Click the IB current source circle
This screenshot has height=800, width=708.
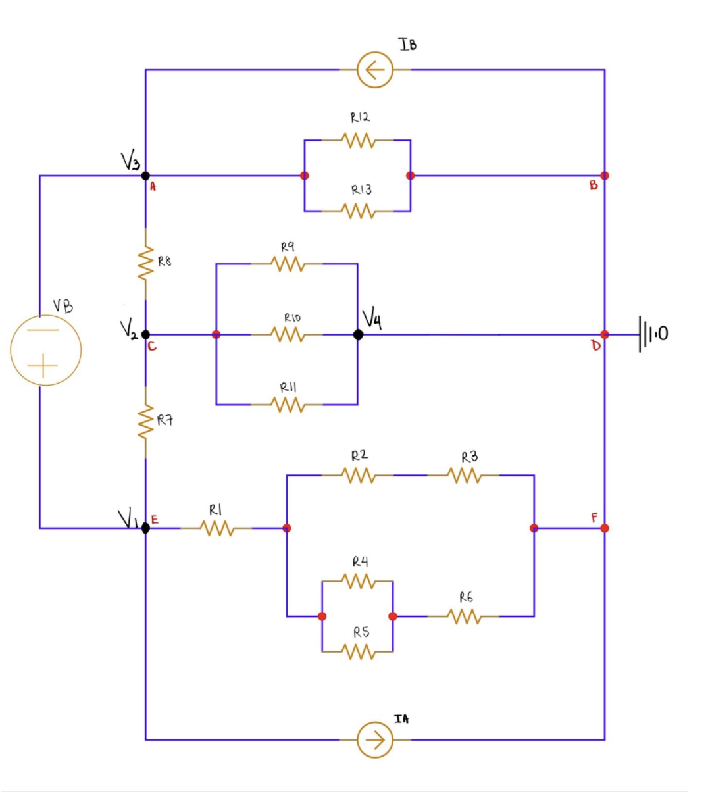375,70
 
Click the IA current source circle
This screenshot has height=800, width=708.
375,740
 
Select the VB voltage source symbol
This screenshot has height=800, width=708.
45,349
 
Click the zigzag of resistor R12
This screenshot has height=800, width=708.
358,140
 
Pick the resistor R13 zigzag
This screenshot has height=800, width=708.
358,211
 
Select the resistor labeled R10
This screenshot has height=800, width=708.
287,335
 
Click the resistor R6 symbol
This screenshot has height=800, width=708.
463,616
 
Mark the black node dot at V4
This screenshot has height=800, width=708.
358,335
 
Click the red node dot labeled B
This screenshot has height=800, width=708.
605,176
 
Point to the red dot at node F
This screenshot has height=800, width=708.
605,528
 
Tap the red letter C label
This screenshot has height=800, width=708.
152,347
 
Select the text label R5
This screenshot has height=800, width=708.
361,632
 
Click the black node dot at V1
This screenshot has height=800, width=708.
145,528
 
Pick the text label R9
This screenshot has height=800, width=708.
288,247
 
